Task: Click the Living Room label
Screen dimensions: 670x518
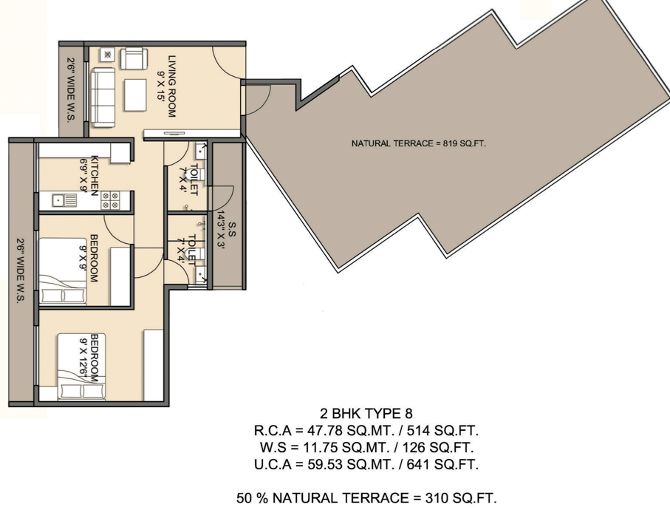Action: (x=166, y=86)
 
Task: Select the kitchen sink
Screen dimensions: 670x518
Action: (x=64, y=200)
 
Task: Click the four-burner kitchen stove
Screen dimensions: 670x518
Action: (x=110, y=200)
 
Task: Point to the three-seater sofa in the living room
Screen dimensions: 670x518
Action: (x=102, y=98)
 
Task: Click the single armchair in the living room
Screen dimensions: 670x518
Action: (x=134, y=58)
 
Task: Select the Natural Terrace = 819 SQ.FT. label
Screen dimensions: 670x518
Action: (x=419, y=143)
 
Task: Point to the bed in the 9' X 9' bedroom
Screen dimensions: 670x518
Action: (x=63, y=271)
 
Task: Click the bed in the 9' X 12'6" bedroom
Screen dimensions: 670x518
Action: (x=81, y=367)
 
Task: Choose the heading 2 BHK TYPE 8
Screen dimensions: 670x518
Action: (x=366, y=414)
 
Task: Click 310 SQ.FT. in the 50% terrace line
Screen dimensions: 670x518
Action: (x=461, y=498)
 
